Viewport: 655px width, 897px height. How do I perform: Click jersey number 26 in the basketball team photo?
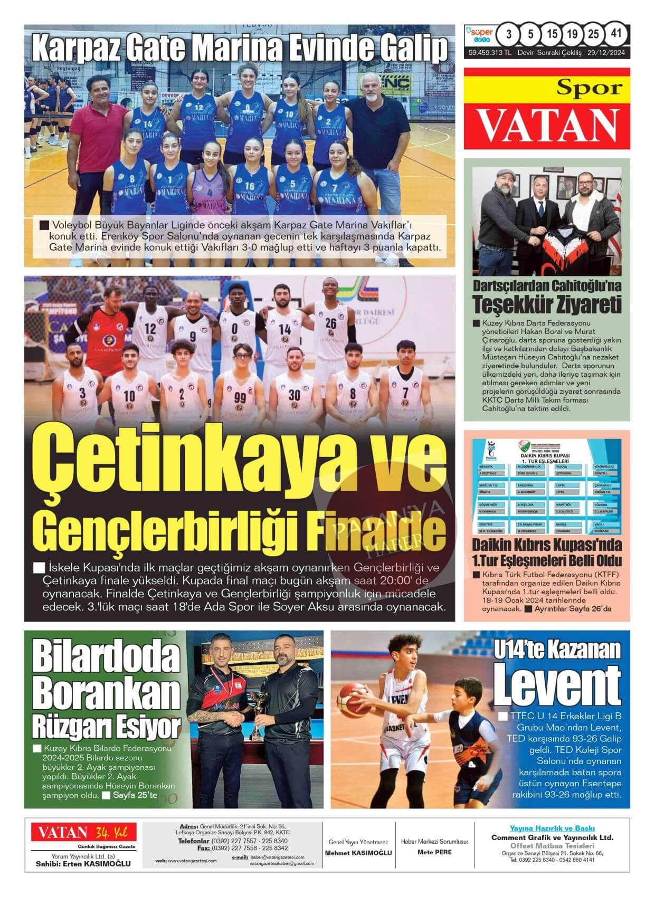[x=330, y=323]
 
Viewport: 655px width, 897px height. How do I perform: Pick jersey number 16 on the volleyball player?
[x=250, y=186]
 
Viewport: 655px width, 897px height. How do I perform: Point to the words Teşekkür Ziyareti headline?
[x=547, y=304]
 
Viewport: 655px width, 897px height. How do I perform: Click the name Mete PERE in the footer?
[x=434, y=852]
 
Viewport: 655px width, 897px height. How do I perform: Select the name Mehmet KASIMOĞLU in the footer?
[x=358, y=853]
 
